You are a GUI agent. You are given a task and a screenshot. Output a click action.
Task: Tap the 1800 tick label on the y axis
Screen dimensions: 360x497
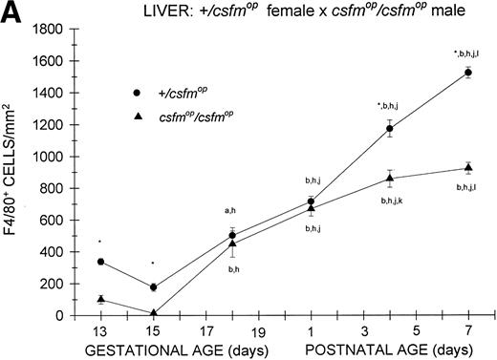(59, 29)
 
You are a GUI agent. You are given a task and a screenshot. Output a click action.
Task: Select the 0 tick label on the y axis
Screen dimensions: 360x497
(70, 315)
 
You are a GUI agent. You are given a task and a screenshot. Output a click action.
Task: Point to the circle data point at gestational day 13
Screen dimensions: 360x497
(100, 262)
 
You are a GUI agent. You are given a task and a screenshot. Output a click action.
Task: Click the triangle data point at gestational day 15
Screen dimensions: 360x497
(154, 312)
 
